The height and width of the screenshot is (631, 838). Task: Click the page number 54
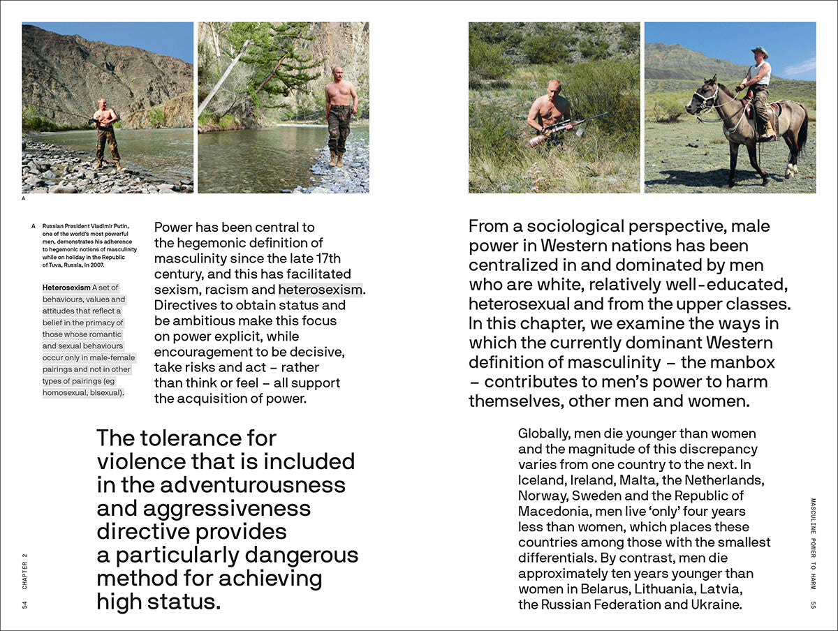pyautogui.click(x=25, y=604)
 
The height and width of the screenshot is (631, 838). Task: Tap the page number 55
pyautogui.click(x=813, y=604)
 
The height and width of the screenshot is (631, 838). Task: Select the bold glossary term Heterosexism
pyautogui.click(x=66, y=288)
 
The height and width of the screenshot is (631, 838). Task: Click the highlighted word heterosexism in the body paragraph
pyautogui.click(x=321, y=290)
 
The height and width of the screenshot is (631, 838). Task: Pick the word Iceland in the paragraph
pyautogui.click(x=539, y=480)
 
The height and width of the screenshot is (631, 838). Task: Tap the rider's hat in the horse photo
pyautogui.click(x=759, y=52)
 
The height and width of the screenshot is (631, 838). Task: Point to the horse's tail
pyautogui.click(x=803, y=133)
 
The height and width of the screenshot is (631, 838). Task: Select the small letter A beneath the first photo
pyautogui.click(x=24, y=198)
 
